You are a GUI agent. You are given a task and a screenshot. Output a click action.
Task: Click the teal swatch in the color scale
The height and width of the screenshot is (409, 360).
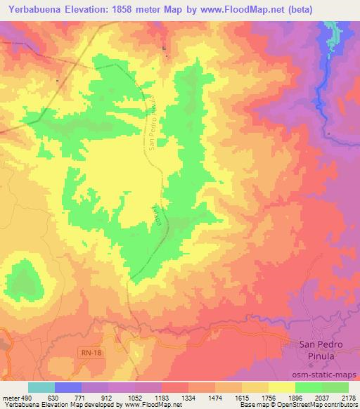(x=41, y=387)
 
